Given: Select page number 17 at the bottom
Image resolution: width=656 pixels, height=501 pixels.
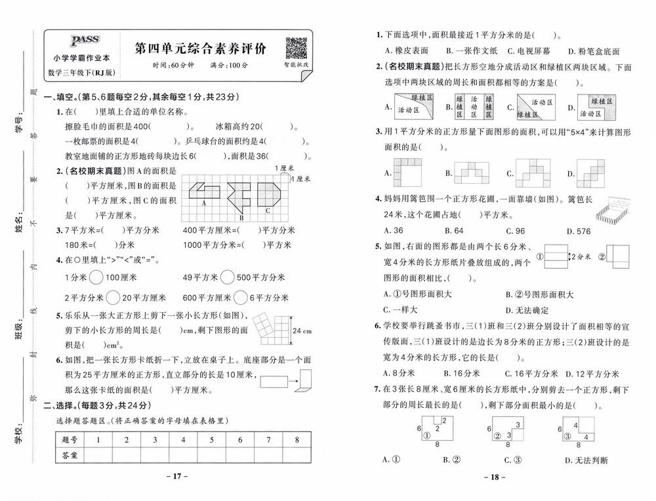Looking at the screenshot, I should pyautogui.click(x=177, y=476).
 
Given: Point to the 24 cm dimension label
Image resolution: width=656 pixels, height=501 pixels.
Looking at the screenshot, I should pyautogui.click(x=302, y=331).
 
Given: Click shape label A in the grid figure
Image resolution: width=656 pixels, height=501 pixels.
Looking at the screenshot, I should pyautogui.click(x=204, y=203).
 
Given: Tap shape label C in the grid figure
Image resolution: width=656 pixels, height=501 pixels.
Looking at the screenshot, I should pyautogui.click(x=268, y=210).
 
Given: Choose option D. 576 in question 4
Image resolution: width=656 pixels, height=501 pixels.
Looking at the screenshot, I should pyautogui.click(x=577, y=231).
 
